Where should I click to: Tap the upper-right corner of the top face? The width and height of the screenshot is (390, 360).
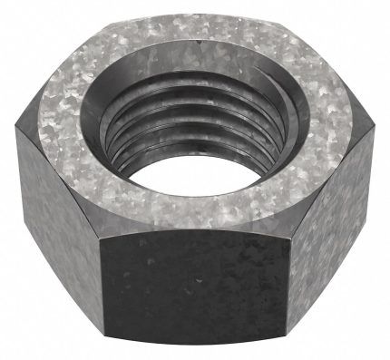pyautogui.click(x=288, y=24)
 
